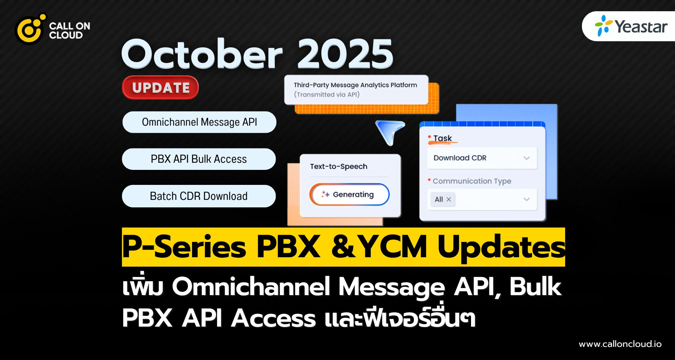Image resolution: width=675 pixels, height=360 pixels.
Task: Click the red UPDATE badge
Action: (160, 88)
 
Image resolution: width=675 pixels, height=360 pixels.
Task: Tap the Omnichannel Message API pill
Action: (199, 122)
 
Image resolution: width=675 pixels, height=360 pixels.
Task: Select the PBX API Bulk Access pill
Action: (199, 159)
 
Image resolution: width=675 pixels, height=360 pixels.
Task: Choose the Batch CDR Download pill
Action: (199, 196)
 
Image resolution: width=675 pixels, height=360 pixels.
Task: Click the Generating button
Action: (349, 194)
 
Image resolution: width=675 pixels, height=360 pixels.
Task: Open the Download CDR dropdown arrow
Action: (526, 158)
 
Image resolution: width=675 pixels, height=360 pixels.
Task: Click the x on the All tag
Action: (448, 199)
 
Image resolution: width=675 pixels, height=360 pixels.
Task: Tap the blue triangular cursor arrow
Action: (391, 131)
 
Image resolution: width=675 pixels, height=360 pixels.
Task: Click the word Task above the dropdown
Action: (442, 138)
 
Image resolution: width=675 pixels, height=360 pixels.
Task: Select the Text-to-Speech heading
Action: (339, 166)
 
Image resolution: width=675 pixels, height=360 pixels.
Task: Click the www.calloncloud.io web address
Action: (620, 344)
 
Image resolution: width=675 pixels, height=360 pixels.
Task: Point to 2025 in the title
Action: (345, 54)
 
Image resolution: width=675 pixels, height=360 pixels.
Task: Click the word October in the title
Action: (202, 54)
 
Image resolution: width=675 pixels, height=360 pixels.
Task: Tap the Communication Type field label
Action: (472, 181)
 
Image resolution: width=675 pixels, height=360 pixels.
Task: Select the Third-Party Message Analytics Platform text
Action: (355, 85)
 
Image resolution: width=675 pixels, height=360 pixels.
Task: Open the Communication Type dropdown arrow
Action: (526, 199)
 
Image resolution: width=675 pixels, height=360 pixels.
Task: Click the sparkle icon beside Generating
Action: (325, 194)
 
